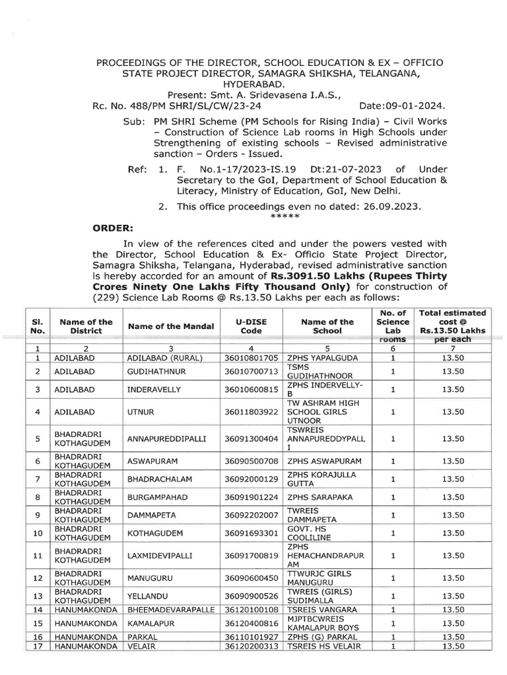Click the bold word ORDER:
[x=112, y=227]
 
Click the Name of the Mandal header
[x=170, y=326]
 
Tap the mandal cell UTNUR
[x=142, y=411]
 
